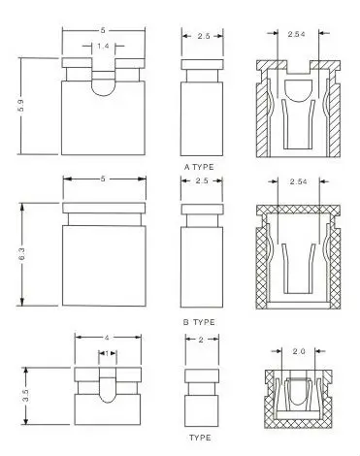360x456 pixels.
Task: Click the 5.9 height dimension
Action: point(20,106)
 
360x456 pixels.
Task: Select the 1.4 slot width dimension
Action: point(103,46)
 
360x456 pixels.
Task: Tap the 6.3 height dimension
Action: point(22,254)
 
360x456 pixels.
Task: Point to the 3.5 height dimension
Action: point(26,396)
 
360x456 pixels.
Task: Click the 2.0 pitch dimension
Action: point(299,351)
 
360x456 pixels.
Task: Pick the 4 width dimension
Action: point(107,338)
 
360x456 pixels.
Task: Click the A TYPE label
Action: point(199,167)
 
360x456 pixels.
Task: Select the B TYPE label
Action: point(199,322)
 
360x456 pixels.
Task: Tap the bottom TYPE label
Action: point(200,438)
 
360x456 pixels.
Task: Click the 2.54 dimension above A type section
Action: point(296,34)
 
